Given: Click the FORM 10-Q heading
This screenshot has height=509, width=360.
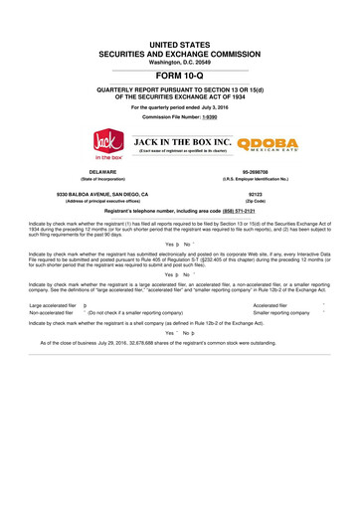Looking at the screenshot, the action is click(x=180, y=75).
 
